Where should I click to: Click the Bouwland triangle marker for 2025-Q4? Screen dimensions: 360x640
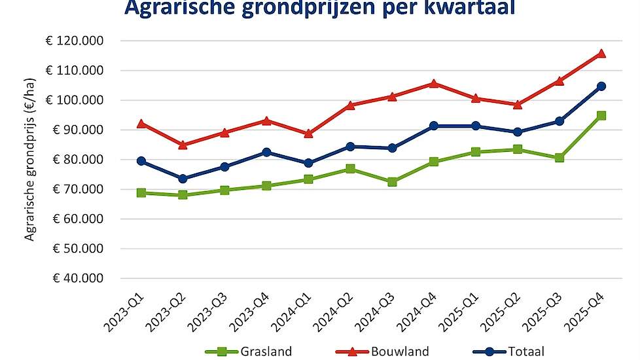(x=601, y=54)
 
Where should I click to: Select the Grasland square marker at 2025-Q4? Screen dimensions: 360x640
(x=601, y=116)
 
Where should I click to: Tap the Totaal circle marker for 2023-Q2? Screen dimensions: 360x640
(x=183, y=179)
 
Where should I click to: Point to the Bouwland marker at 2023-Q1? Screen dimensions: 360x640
(x=141, y=123)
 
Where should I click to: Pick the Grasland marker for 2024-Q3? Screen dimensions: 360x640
(x=392, y=182)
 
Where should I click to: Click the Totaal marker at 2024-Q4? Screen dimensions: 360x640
(x=434, y=126)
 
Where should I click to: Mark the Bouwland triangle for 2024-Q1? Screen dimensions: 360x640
(x=308, y=134)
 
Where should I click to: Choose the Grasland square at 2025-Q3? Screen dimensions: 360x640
(x=560, y=158)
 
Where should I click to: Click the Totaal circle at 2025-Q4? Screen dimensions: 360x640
(x=601, y=86)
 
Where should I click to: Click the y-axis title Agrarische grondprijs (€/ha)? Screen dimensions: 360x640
(x=29, y=159)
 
